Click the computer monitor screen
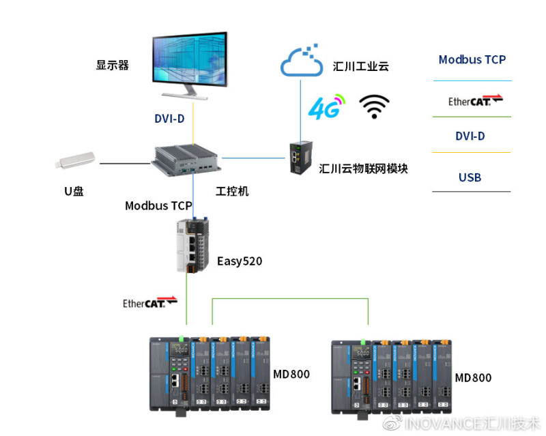point(190,60)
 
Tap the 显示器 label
point(113,66)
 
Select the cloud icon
point(301,63)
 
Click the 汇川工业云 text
point(361,66)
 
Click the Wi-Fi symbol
point(374,106)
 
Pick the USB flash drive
point(76,162)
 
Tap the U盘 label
point(74,191)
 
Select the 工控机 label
point(232,191)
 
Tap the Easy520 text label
point(240,261)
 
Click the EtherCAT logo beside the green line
point(149,302)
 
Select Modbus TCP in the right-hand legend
point(472,59)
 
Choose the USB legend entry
point(470,177)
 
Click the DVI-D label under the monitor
point(169,119)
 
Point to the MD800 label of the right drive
point(473,377)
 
